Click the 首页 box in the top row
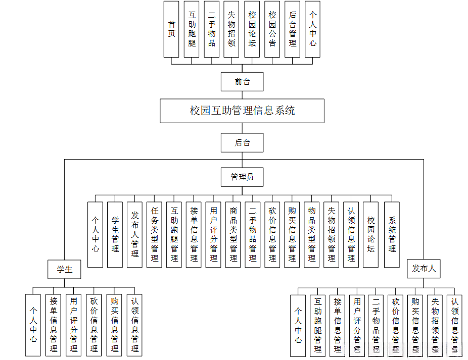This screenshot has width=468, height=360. pyautogui.click(x=172, y=29)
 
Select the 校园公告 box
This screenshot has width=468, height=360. pyautogui.click(x=272, y=29)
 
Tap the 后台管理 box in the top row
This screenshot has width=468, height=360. pyautogui.click(x=293, y=29)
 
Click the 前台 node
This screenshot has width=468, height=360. pyautogui.click(x=242, y=81)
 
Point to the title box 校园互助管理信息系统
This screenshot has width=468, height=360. pyautogui.click(x=242, y=111)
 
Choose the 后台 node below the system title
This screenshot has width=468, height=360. pyautogui.click(x=242, y=142)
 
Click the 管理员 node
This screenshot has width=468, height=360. pyautogui.click(x=242, y=177)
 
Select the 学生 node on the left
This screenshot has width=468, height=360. pyautogui.click(x=65, y=269)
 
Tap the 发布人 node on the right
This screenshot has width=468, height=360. pyautogui.click(x=424, y=269)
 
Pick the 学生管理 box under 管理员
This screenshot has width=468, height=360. pyautogui.click(x=115, y=234)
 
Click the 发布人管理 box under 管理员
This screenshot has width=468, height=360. pyautogui.click(x=135, y=234)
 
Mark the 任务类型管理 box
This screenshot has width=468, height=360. pyautogui.click(x=155, y=234)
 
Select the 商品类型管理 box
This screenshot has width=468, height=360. pyautogui.click(x=233, y=234)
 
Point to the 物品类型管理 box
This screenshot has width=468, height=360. pyautogui.click(x=312, y=234)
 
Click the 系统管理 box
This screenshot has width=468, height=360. pyautogui.click(x=392, y=234)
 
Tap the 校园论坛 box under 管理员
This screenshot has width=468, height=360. pyautogui.click(x=371, y=234)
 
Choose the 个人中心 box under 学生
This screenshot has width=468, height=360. pyautogui.click(x=33, y=325)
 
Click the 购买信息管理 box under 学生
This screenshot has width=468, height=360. pyautogui.click(x=114, y=325)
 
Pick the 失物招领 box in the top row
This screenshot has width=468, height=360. pyautogui.click(x=232, y=29)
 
